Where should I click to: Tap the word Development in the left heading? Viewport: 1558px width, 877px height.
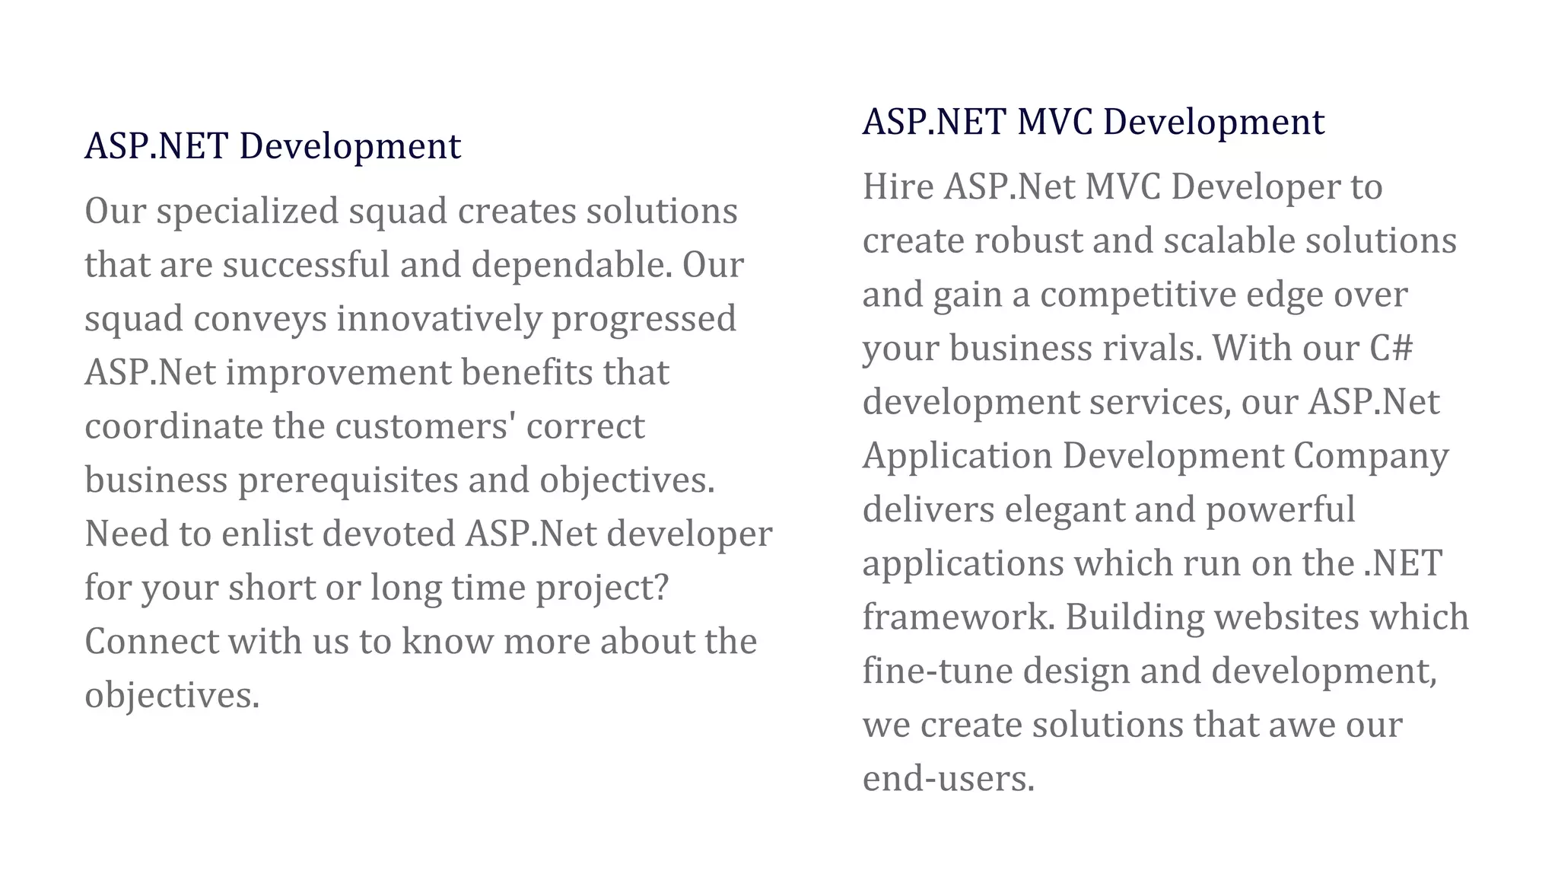click(x=350, y=146)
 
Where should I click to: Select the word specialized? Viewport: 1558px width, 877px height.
click(x=247, y=212)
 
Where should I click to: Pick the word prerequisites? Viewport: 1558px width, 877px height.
click(x=348, y=480)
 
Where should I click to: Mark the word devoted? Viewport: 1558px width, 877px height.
click(x=389, y=534)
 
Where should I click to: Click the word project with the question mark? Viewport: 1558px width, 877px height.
click(x=602, y=588)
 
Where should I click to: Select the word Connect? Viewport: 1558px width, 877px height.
click(x=151, y=641)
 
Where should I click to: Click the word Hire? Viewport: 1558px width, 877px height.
click(x=898, y=187)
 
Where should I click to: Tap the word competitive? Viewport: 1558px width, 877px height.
click(x=1148, y=295)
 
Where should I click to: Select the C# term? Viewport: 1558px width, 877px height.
click(x=1391, y=349)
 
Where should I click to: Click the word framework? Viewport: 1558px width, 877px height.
click(x=959, y=617)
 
